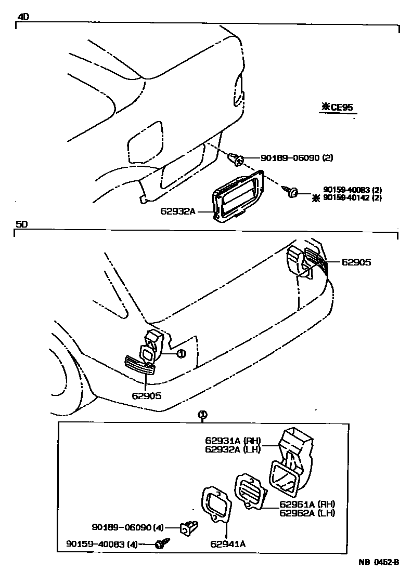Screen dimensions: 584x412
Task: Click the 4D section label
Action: pyautogui.click(x=23, y=17)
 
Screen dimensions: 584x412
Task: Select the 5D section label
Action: pyautogui.click(x=21, y=224)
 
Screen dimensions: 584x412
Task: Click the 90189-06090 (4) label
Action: pyautogui.click(x=128, y=527)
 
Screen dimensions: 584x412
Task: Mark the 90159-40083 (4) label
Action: pyautogui.click(x=102, y=544)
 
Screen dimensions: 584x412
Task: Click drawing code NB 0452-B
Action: pyautogui.click(x=378, y=562)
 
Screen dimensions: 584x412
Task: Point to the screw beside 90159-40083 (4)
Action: pyautogui.click(x=160, y=544)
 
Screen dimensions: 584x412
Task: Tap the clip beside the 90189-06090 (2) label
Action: pyautogui.click(x=236, y=158)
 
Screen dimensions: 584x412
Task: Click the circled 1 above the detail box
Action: pyautogui.click(x=203, y=414)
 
